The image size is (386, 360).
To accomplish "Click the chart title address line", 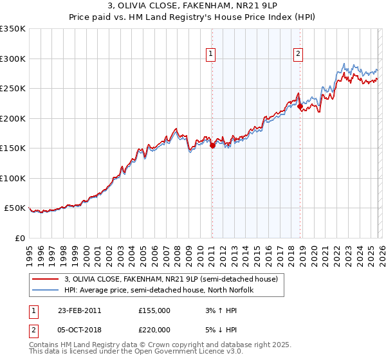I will (193, 6).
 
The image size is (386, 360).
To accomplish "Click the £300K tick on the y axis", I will (13, 59).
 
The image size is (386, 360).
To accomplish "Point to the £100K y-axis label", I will (13, 178).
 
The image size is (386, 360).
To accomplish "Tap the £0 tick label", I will (19, 238).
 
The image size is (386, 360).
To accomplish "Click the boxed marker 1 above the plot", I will (212, 55).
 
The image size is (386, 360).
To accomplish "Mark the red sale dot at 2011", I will (212, 145).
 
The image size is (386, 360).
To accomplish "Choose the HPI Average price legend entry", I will (159, 290).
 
